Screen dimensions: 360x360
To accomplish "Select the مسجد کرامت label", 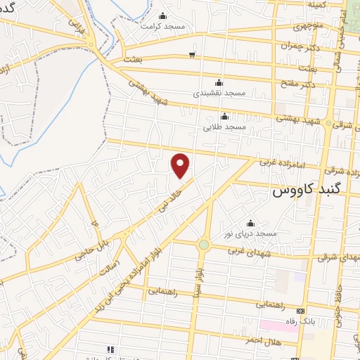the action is pyautogui.click(x=162, y=26).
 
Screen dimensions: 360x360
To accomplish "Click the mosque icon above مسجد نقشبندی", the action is pyautogui.click(x=218, y=82).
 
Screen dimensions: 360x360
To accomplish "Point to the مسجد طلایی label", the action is pyautogui.click(x=224, y=127).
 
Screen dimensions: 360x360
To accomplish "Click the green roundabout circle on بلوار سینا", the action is pyautogui.click(x=203, y=245).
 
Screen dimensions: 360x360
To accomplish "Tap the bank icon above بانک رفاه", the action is pyautogui.click(x=301, y=311).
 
